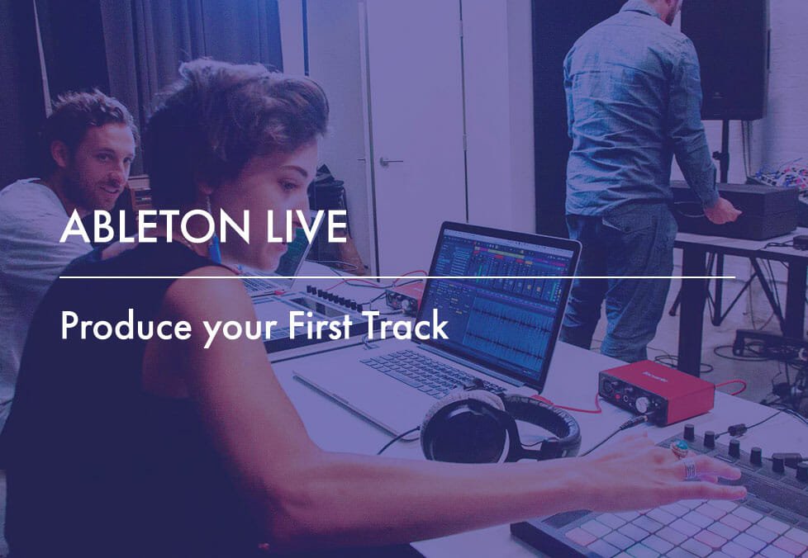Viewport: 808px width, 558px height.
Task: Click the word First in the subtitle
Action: (x=320, y=325)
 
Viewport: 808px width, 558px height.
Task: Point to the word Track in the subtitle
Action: (x=406, y=325)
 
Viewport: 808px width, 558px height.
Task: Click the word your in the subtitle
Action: (x=240, y=330)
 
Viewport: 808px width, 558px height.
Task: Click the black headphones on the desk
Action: (x=499, y=427)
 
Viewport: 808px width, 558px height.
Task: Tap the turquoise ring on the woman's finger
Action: (x=680, y=448)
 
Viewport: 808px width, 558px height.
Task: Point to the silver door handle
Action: (x=391, y=162)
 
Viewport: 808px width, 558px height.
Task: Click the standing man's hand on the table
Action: (x=724, y=211)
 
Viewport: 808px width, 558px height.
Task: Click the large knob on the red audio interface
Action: (x=642, y=405)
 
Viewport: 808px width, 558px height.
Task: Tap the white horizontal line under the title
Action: (x=397, y=277)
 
